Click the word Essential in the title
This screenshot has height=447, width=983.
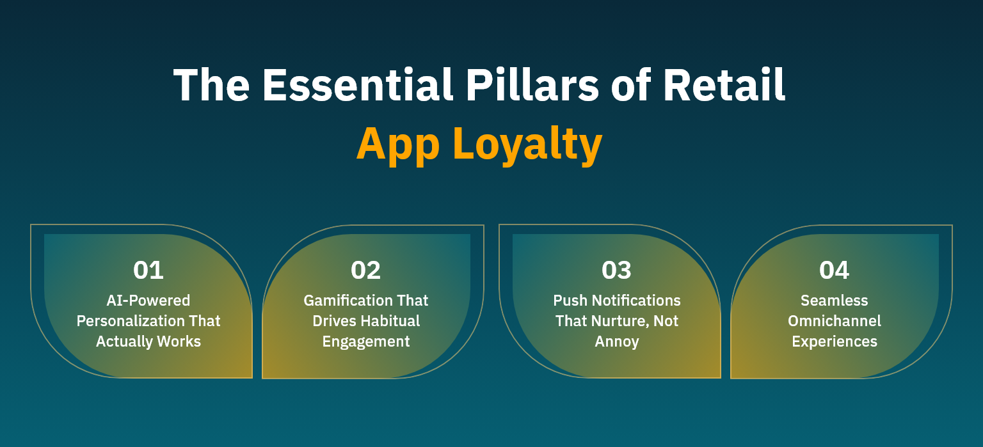[x=351, y=85]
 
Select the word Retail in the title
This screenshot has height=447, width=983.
[x=724, y=85]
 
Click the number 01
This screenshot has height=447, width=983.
[x=148, y=271]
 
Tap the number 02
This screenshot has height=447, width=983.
[x=366, y=271]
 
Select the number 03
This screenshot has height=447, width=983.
[x=617, y=271]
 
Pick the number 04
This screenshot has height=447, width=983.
[x=835, y=271]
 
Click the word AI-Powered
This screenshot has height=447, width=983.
[x=148, y=301]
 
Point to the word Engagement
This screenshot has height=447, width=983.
[x=366, y=341]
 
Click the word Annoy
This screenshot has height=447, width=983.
[x=617, y=341]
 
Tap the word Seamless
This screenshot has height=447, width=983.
[x=835, y=301]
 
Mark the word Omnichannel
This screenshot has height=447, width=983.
[x=835, y=321]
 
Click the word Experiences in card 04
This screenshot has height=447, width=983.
[x=835, y=341]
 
